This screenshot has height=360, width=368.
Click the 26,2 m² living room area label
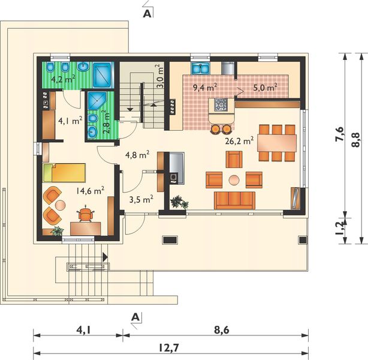coord(239,141)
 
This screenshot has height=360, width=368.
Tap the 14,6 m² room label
coord(91,191)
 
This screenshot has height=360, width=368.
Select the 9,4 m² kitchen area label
coord(204,87)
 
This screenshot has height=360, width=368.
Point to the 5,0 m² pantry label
coord(265,87)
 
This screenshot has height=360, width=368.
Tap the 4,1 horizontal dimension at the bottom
coord(83,330)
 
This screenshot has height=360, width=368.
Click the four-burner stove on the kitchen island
coord(221,105)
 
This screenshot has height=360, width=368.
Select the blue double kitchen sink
coord(200,68)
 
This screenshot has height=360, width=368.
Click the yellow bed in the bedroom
coord(64,173)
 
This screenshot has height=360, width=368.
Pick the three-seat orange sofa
coord(234,200)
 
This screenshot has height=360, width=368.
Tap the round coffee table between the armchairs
coord(234,180)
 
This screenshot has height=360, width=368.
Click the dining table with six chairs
coord(277,143)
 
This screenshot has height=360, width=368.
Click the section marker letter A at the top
coord(147,14)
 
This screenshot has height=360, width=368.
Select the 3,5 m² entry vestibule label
coord(141,199)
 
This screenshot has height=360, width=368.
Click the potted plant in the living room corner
coord(179,202)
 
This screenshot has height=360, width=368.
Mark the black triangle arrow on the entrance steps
coord(105,257)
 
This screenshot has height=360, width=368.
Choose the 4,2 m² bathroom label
coord(64,79)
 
